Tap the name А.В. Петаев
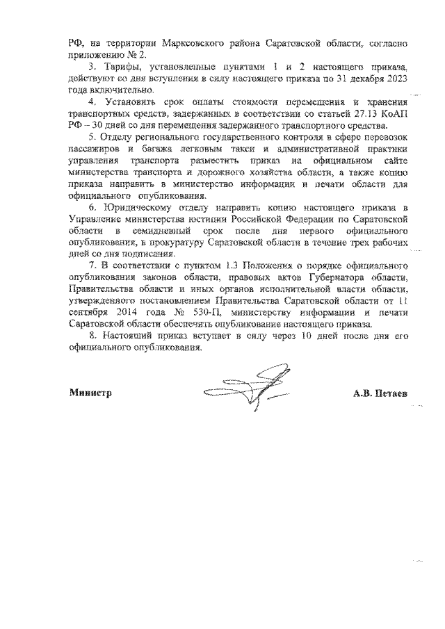pyautogui.click(x=380, y=394)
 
